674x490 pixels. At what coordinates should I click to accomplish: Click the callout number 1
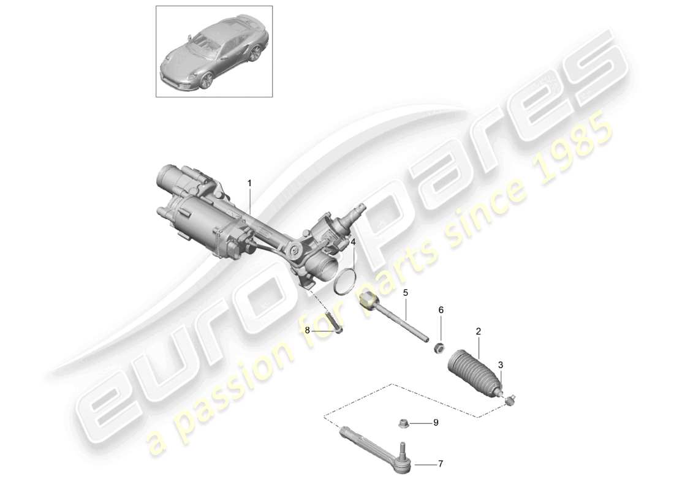(x=249, y=183)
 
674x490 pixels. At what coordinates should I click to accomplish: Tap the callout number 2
(x=479, y=331)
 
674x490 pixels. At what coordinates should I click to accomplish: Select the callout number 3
(x=501, y=365)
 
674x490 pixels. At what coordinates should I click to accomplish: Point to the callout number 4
(x=353, y=243)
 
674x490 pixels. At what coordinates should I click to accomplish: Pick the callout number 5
(x=405, y=293)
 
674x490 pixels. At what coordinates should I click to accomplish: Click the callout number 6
(x=440, y=311)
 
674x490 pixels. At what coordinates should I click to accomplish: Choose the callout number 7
(x=439, y=464)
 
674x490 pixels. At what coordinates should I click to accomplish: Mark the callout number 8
(x=308, y=330)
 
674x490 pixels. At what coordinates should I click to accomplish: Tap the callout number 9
(x=436, y=422)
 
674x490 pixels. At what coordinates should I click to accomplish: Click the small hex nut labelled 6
(x=439, y=349)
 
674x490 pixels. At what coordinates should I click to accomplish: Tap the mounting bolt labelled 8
(x=333, y=321)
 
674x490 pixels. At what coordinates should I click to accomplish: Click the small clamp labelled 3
(x=510, y=399)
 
